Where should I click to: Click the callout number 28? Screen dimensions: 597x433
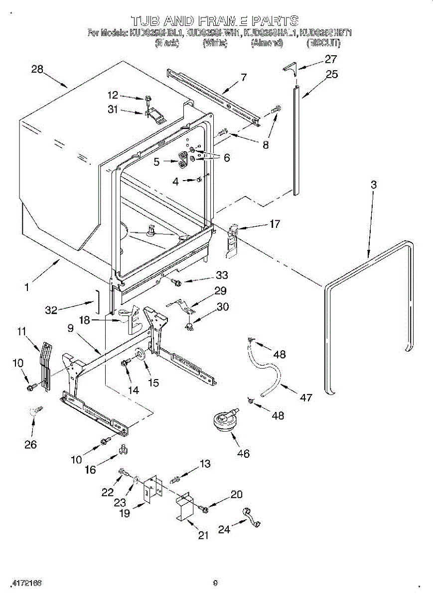pyautogui.click(x=37, y=70)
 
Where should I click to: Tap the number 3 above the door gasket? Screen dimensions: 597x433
pyautogui.click(x=373, y=185)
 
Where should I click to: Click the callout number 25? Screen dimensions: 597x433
pyautogui.click(x=332, y=74)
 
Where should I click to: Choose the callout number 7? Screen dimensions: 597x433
pyautogui.click(x=243, y=77)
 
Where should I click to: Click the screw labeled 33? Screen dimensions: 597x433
pyautogui.click(x=175, y=282)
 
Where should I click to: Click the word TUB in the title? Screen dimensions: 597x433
pyautogui.click(x=145, y=20)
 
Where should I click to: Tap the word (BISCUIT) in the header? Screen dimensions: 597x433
pyautogui.click(x=323, y=43)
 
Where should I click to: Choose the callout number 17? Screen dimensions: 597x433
pyautogui.click(x=275, y=224)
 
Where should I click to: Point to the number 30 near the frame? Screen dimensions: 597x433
pyautogui.click(x=223, y=307)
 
